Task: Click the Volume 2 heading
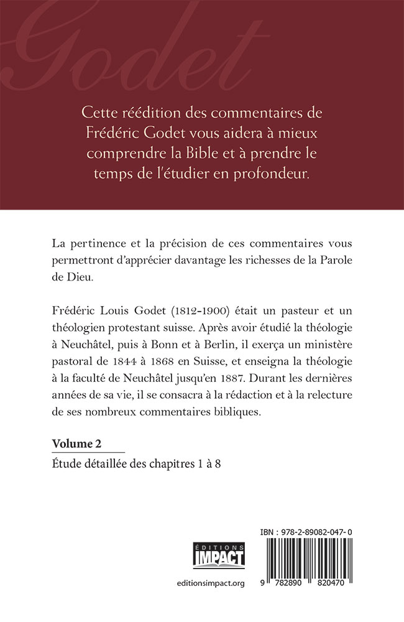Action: [x=77, y=443]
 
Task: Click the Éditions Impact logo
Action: [x=219, y=555]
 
